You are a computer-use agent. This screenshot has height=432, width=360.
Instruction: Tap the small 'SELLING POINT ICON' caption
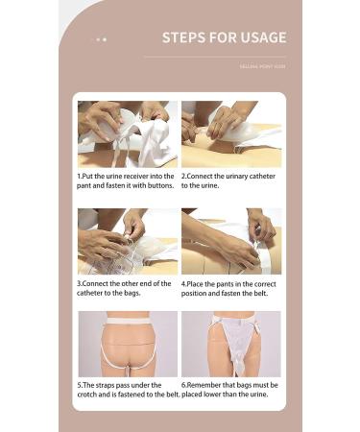point(262,66)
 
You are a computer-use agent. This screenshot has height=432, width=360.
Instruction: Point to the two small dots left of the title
point(102,39)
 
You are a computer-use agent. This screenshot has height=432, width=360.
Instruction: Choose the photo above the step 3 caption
point(128,241)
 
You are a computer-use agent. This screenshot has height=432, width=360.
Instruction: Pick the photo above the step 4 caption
point(231,241)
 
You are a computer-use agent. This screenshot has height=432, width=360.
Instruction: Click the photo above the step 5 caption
point(128,345)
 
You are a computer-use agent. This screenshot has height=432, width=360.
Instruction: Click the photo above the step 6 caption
point(231,345)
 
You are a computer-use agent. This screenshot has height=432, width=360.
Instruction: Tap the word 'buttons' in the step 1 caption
point(159,185)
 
